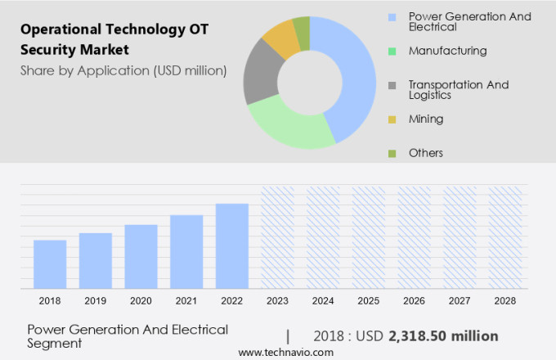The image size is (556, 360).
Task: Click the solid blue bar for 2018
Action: point(50,264)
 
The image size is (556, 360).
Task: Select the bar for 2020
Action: point(141,256)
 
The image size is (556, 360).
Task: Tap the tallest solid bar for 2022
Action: point(232,245)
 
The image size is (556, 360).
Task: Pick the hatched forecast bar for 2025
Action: point(369,237)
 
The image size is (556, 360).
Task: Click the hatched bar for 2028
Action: point(505,237)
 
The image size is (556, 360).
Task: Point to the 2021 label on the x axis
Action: point(186,301)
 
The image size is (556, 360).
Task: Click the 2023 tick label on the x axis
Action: point(277,301)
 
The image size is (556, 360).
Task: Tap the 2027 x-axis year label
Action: point(460,301)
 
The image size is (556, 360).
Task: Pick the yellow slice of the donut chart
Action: point(280,38)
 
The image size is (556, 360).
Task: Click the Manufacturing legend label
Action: point(447,51)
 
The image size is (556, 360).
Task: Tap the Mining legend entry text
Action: point(426,119)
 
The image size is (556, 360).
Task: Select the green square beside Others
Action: point(392,153)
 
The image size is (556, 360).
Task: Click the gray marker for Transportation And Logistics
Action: point(392,85)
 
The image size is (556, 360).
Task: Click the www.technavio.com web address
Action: point(286,353)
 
